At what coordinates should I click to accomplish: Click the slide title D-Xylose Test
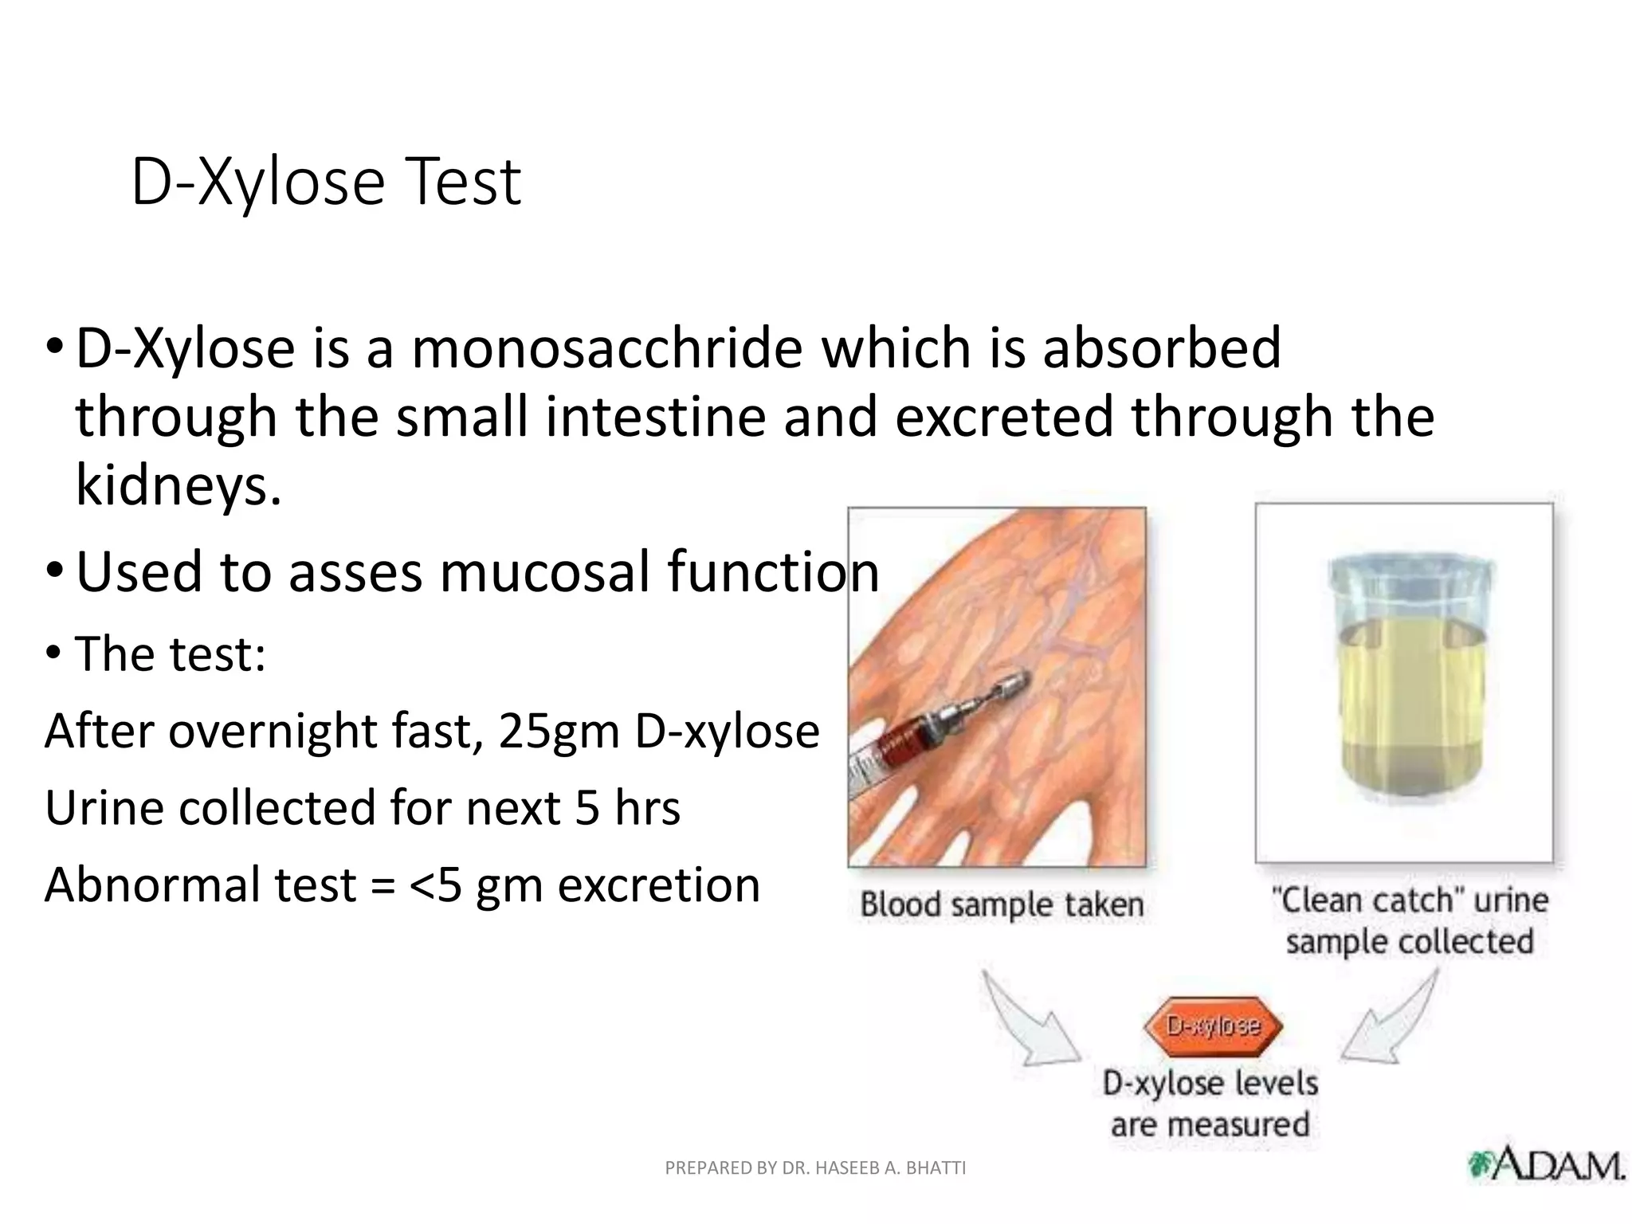325,182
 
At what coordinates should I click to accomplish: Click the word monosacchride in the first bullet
606,349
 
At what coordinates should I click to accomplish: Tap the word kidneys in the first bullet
178,484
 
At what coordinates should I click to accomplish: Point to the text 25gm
559,731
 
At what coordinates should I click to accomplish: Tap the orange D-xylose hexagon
1212,1026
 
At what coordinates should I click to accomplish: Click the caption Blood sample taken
1002,904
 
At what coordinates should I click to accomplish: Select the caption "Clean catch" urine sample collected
1409,920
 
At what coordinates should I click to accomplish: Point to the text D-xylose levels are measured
1210,1104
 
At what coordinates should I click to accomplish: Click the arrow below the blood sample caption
1028,1024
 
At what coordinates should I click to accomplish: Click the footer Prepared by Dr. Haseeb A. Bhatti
815,1168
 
